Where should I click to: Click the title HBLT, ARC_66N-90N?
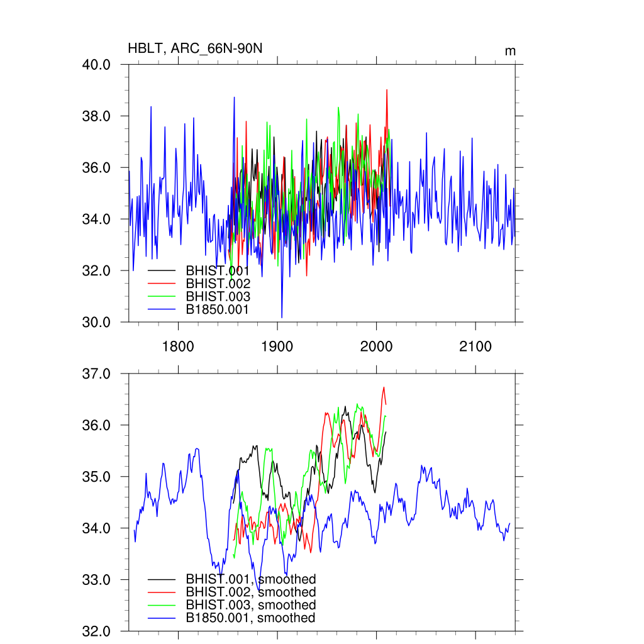(x=191, y=48)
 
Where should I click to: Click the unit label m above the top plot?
(x=510, y=50)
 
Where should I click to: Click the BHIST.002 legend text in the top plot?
(x=218, y=284)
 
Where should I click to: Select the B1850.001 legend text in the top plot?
(x=218, y=309)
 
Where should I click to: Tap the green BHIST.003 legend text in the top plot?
(x=218, y=297)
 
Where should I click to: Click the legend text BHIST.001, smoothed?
(x=250, y=579)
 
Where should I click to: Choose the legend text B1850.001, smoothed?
(x=250, y=618)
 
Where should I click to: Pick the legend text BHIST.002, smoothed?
(x=250, y=592)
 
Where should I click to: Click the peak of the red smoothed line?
(x=383, y=387)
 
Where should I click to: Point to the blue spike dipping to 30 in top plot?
(x=282, y=316)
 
